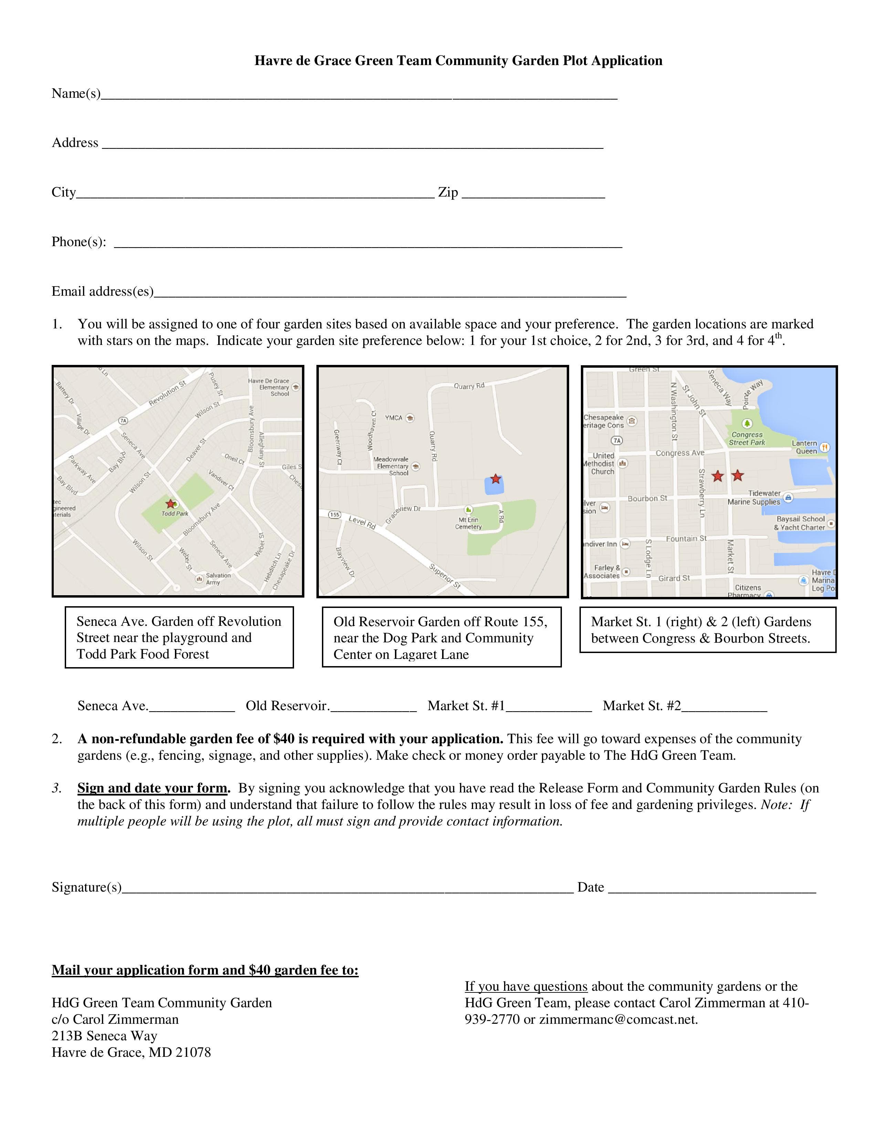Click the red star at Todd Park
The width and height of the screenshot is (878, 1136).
click(x=170, y=504)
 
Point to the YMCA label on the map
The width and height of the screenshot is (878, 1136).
click(x=394, y=418)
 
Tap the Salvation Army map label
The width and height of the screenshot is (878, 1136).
click(x=218, y=578)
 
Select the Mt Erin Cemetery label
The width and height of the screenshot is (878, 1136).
click(x=469, y=523)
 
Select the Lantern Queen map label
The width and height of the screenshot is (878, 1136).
click(x=806, y=447)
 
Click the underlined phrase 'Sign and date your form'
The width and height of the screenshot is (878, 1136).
click(x=153, y=788)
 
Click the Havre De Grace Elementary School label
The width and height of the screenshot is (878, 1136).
click(x=269, y=387)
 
